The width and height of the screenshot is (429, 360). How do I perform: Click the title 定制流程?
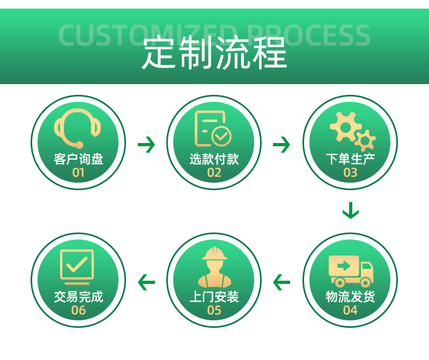click(x=214, y=52)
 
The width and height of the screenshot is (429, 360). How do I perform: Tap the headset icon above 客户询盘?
click(x=78, y=129)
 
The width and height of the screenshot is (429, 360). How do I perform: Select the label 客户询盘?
click(x=78, y=159)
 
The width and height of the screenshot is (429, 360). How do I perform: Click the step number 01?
click(x=78, y=172)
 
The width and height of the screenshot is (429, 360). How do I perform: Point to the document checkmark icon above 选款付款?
click(x=213, y=129)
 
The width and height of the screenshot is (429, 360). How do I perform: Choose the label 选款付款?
click(x=214, y=159)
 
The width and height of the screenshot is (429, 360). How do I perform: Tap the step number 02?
click(x=214, y=172)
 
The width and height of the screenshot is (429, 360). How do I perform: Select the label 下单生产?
click(x=350, y=159)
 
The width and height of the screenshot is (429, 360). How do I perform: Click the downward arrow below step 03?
click(x=350, y=211)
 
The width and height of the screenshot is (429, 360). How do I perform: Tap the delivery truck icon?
click(x=351, y=271)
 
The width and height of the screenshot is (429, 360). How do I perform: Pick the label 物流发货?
click(x=350, y=297)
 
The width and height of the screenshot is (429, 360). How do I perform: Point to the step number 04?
click(x=350, y=310)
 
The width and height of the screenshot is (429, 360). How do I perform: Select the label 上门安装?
click(x=214, y=297)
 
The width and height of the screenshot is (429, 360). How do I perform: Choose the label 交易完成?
click(x=78, y=297)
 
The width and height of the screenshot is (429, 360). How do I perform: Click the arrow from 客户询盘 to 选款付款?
click(x=146, y=145)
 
